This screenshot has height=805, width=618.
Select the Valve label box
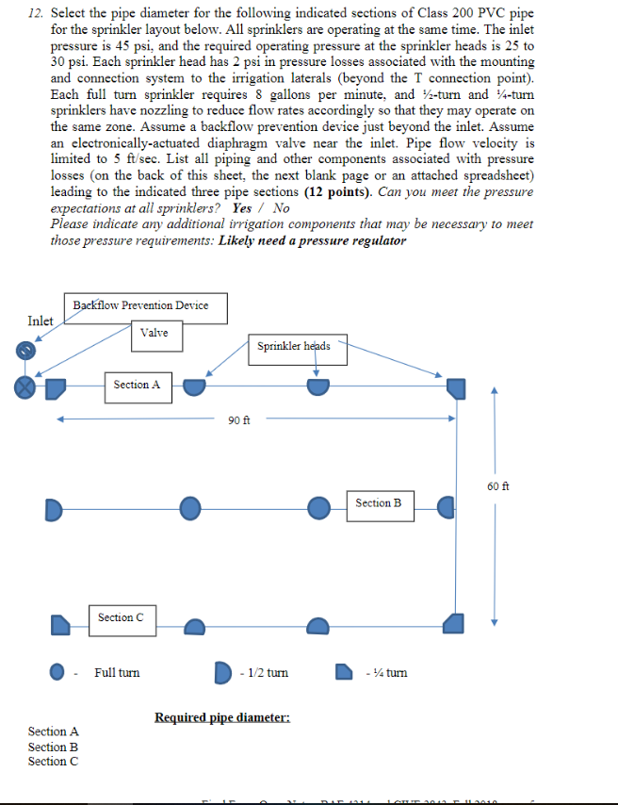click(154, 334)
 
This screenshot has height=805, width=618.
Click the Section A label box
click(138, 385)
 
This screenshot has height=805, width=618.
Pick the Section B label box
click(379, 503)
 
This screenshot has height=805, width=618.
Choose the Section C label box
click(122, 617)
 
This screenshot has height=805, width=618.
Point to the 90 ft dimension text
click(239, 419)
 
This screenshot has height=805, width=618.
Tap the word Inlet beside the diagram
click(41, 321)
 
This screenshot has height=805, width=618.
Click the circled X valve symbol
click(25, 387)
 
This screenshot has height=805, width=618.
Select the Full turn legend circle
click(58, 673)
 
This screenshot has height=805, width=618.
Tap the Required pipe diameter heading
click(222, 718)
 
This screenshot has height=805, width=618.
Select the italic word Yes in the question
click(242, 207)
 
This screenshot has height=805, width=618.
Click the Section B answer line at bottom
click(54, 747)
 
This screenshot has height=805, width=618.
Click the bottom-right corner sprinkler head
click(455, 623)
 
